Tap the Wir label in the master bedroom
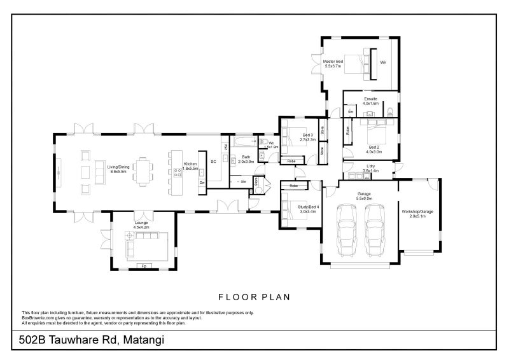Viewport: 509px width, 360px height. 383,62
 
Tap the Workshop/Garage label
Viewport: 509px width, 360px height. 417,213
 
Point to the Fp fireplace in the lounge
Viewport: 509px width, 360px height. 144,265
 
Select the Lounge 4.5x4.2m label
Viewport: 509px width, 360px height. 141,225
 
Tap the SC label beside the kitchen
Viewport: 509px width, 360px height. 214,162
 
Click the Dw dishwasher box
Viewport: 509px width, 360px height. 202,183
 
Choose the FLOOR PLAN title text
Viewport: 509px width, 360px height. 254,296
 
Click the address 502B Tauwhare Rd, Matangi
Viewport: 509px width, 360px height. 88,340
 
